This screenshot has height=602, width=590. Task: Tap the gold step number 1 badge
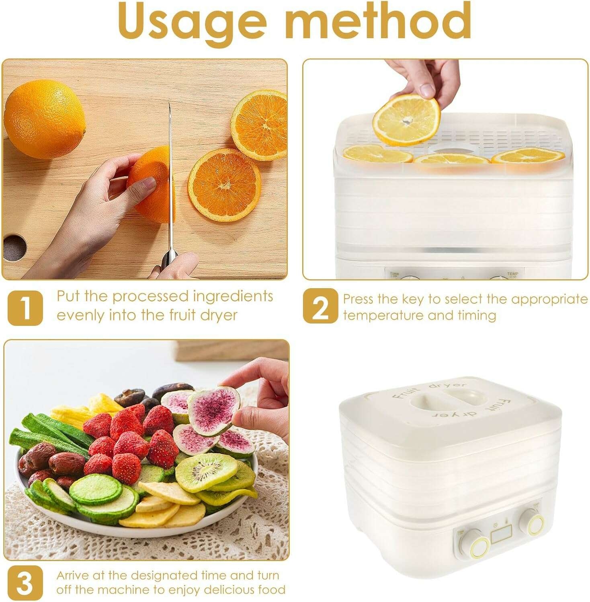tap(25, 307)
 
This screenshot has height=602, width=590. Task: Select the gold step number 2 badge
tap(320, 306)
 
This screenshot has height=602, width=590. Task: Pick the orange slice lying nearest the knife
tap(224, 185)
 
